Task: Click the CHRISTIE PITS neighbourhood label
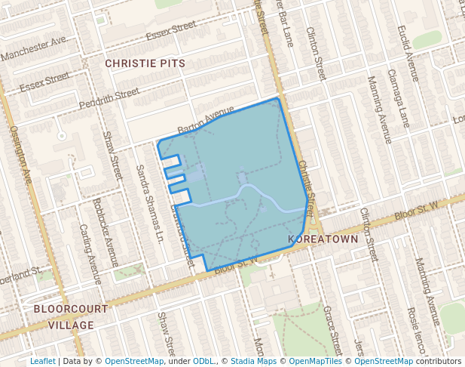145,63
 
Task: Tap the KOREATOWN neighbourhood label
323,239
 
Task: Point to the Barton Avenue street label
206,119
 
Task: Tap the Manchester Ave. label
34,51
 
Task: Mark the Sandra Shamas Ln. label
149,204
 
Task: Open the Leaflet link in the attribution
42,362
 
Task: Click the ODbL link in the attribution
203,362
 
